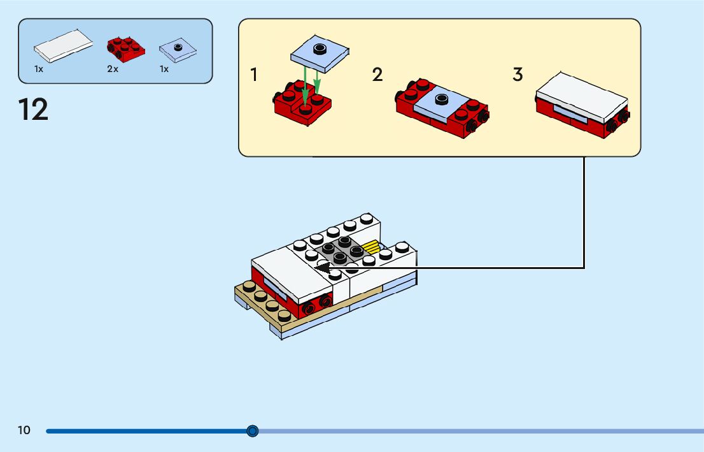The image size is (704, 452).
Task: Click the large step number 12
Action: pyautogui.click(x=33, y=110)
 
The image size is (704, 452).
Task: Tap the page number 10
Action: pyautogui.click(x=24, y=430)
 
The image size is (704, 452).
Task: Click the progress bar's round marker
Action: pyautogui.click(x=253, y=431)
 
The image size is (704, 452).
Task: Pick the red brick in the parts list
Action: pyautogui.click(x=125, y=48)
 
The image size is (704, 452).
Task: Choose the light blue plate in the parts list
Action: pyautogui.click(x=178, y=50)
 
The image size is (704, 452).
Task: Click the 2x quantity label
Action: pyautogui.click(x=113, y=69)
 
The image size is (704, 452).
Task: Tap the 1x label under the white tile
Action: pyautogui.click(x=39, y=69)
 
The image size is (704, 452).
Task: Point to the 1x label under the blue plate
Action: pyautogui.click(x=164, y=69)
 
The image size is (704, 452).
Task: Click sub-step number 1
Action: pyautogui.click(x=255, y=75)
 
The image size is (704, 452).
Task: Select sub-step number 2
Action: pyautogui.click(x=377, y=75)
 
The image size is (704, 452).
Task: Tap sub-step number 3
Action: pyautogui.click(x=517, y=75)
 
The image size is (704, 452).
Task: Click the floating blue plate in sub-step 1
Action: pyautogui.click(x=321, y=54)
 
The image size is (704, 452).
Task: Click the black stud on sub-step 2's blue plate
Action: pyautogui.click(x=442, y=98)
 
